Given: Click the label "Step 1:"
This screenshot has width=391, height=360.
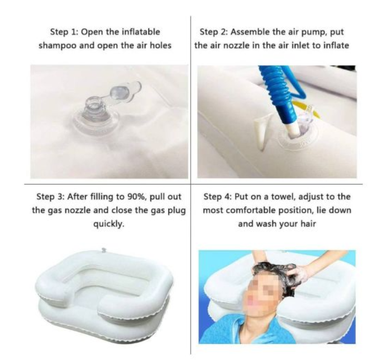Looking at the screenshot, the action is click(64, 32).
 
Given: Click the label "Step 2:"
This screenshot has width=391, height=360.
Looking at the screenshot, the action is click(214, 32).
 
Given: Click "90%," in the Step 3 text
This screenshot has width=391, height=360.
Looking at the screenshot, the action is click(137, 197).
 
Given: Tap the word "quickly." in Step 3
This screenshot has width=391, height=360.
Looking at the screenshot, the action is click(109, 224).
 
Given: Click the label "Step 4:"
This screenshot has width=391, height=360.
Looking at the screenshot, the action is click(218, 197).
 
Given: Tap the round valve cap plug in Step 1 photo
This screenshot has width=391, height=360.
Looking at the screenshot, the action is click(119, 92).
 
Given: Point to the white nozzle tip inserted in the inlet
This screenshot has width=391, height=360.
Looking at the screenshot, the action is click(292, 130).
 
